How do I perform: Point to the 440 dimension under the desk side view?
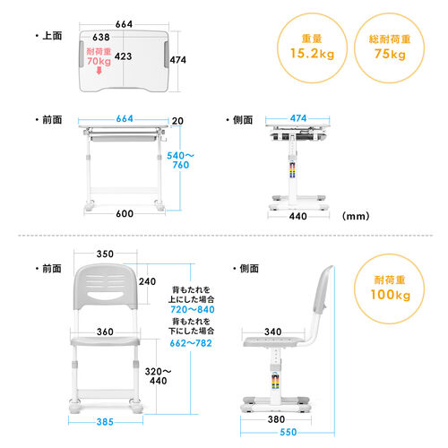[298, 216]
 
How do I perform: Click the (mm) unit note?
[355, 216]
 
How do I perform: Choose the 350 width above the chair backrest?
[106, 254]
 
